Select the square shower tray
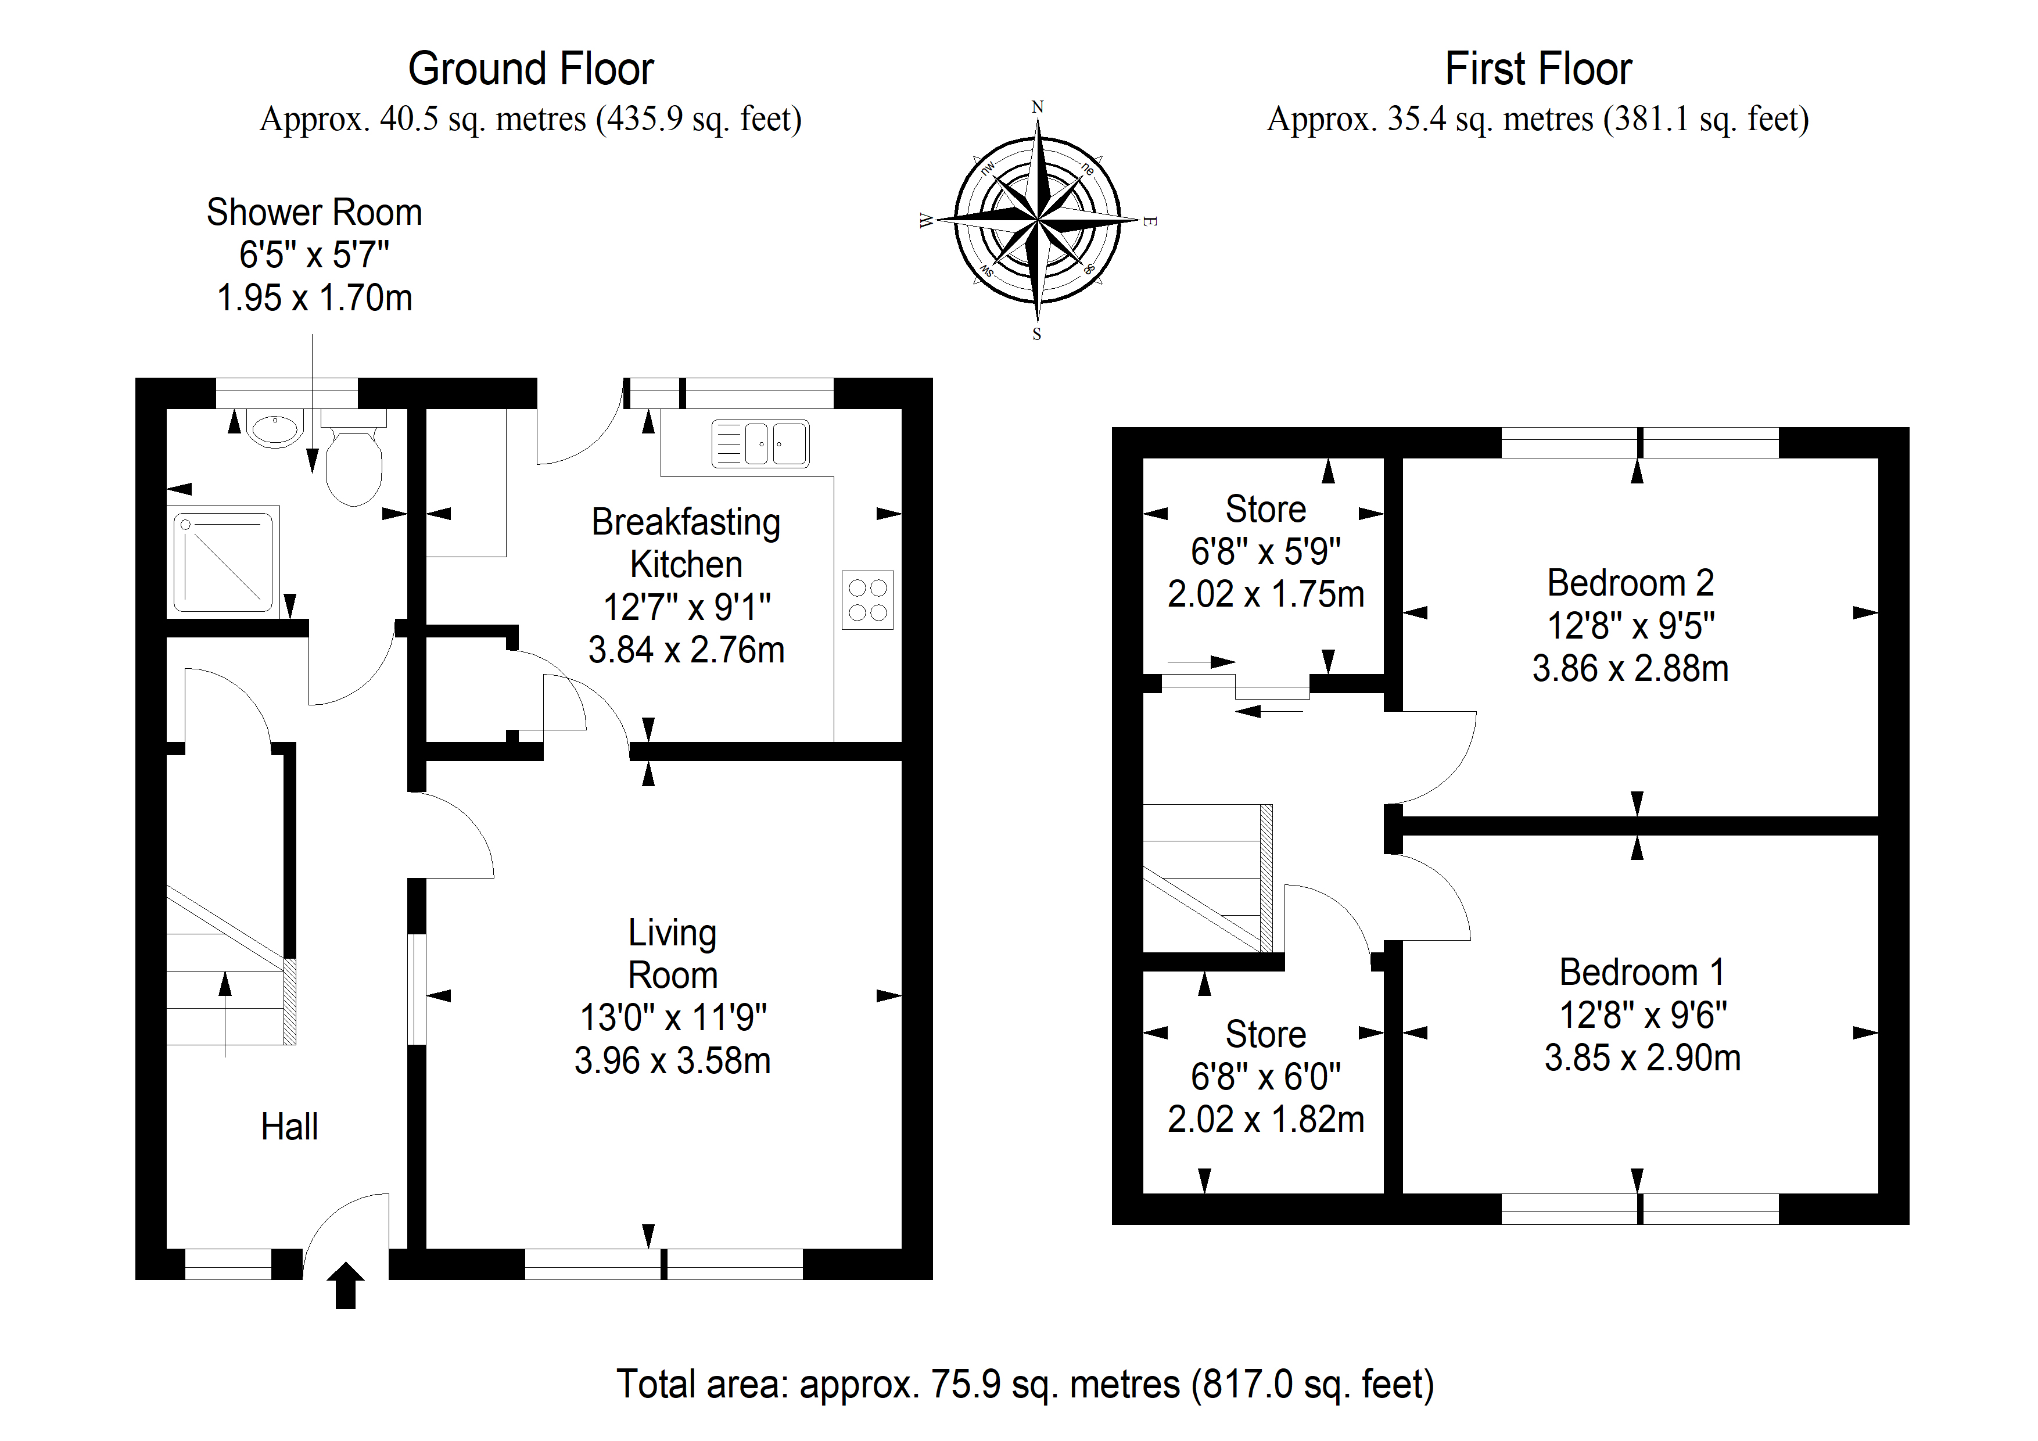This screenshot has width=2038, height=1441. point(225,560)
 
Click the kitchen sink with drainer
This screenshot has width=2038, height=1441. point(760,443)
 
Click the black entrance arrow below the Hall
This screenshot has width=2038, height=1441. point(345,1286)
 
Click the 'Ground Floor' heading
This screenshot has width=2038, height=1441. point(531,69)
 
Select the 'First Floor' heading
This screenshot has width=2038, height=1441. point(1538,69)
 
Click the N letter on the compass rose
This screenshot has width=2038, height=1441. point(1037,107)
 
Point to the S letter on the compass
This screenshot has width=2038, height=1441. point(1037,335)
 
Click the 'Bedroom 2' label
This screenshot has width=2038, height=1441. point(1631,583)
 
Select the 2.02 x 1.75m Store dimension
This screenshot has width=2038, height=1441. point(1266,594)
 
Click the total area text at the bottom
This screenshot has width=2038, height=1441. point(1025,1383)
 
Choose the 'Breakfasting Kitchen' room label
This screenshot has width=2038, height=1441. point(686,543)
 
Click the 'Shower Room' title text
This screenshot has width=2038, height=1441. point(314,212)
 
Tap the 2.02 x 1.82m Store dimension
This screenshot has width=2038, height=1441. point(1266,1120)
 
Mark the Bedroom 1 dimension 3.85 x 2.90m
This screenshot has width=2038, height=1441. point(1643,1058)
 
